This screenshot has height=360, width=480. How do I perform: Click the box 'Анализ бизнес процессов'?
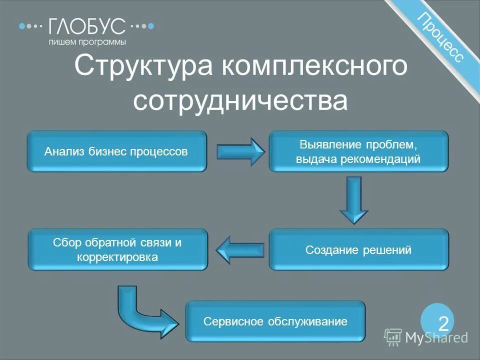coord(117,151)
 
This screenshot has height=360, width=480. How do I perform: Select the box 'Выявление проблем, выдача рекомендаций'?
coord(358,151)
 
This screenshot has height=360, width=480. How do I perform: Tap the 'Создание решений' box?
coord(358,249)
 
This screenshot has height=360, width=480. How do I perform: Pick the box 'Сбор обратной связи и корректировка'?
coord(117,249)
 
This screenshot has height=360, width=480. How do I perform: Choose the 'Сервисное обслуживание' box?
coord(275,321)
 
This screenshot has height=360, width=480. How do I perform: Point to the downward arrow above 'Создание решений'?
coord(354,199)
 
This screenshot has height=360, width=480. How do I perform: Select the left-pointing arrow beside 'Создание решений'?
coord(240,249)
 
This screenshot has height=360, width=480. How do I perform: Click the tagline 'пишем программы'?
coord(87,42)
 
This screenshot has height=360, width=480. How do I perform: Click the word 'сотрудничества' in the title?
coord(240,100)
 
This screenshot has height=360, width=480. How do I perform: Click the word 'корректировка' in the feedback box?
coord(117,257)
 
